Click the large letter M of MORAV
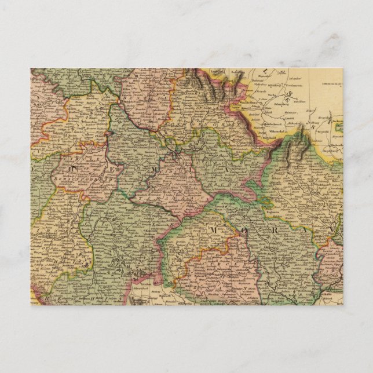click(x=213, y=231)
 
